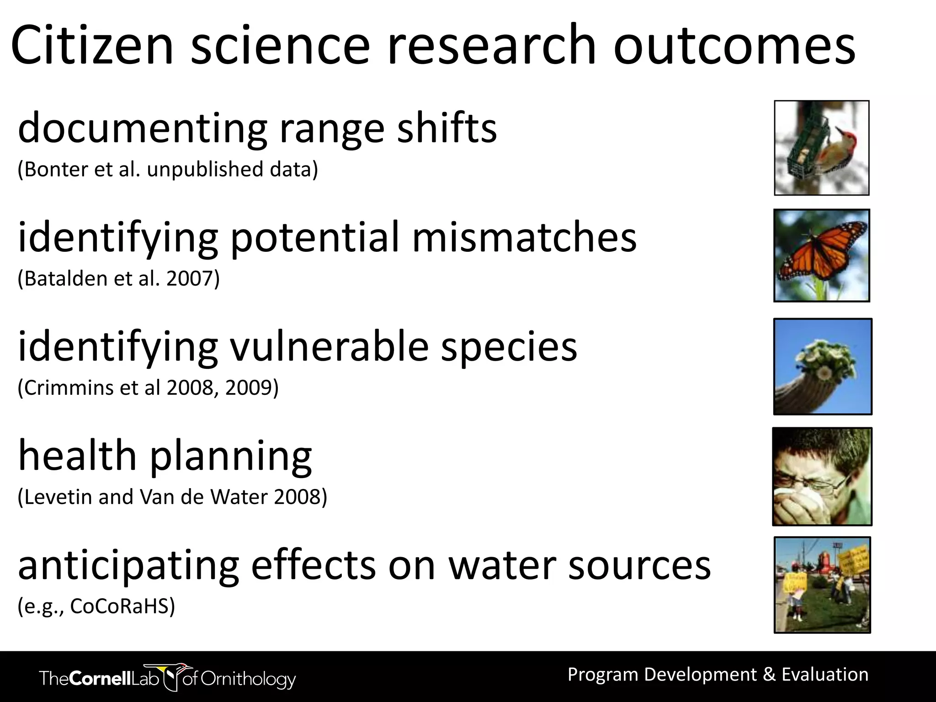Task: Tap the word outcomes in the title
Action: tap(734, 46)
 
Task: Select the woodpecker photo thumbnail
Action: tap(821, 148)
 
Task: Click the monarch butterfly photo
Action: tap(821, 255)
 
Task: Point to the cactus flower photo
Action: tap(822, 367)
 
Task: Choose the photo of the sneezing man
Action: tap(822, 477)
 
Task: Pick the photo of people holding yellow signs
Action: tap(822, 585)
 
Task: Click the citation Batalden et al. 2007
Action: tap(118, 278)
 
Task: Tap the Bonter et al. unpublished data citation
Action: tap(167, 169)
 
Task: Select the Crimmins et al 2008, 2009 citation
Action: tap(148, 388)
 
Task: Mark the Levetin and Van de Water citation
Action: tap(172, 497)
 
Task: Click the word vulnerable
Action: tap(329, 346)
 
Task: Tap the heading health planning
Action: tap(165, 456)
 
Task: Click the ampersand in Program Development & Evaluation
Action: tap(769, 675)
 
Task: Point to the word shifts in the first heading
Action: tap(447, 128)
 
